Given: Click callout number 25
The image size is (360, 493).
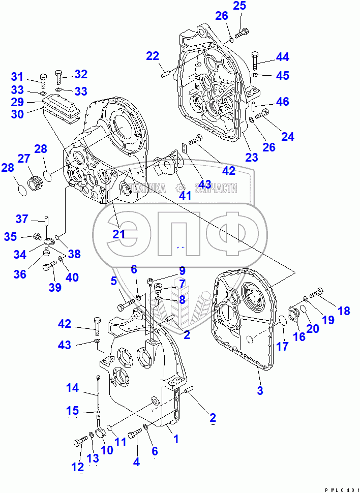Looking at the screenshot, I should tap(239, 7).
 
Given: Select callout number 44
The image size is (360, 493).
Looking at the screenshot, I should tap(282, 57).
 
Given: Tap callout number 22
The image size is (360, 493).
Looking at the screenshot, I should tap(153, 56).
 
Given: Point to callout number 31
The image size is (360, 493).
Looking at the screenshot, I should tap(18, 77).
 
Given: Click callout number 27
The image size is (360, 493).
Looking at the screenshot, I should tap(24, 159).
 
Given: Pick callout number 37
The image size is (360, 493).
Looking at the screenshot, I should tap(21, 219).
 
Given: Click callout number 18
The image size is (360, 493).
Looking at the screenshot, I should tap(344, 311).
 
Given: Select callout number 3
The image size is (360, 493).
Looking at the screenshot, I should tap(260, 390).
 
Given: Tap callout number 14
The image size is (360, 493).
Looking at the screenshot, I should tap(73, 388).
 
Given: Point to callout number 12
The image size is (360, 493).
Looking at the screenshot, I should tap(77, 467).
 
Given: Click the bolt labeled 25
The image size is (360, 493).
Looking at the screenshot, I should tap(243, 33).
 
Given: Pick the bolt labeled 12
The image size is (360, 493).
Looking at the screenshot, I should tap(80, 443).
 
